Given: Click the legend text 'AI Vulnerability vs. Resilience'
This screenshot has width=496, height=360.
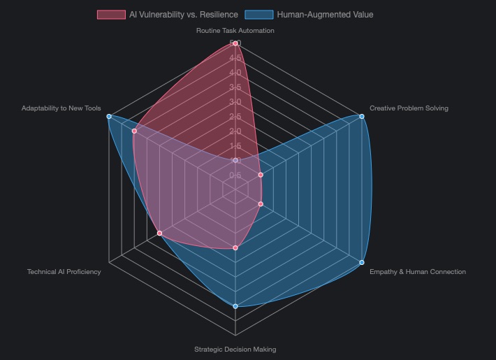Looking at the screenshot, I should pos(183,15).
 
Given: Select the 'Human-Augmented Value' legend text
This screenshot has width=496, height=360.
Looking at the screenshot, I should pos(325,15).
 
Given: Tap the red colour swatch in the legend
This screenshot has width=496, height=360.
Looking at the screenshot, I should pos(111,15).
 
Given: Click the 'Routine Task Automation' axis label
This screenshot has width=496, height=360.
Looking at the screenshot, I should pos(235,31).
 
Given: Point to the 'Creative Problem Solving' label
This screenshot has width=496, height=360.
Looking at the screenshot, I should pos(409,108).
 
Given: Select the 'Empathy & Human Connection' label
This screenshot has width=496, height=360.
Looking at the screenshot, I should pos(417,272).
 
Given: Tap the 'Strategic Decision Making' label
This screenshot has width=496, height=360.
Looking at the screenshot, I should pos(235,349).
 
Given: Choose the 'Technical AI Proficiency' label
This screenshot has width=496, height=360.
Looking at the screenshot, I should pos(64,272).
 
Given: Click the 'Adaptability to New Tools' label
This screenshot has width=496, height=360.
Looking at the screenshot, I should pos(61,108).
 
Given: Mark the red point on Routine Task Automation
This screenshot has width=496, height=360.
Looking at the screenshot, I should pos(235,43).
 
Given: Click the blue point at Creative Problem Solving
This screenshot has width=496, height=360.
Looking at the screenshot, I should pos(361,117).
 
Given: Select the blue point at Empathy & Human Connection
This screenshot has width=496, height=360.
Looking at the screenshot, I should pos(361,262).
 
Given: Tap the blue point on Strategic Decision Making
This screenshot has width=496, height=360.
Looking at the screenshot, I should pos(235,306).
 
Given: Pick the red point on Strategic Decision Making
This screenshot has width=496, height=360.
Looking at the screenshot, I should pos(235,247).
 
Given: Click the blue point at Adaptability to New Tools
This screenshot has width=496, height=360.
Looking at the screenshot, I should pos(109,117).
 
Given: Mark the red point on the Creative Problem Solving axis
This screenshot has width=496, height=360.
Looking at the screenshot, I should pos(261,175).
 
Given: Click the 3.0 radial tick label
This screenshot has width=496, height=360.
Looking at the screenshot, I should pos(235,102).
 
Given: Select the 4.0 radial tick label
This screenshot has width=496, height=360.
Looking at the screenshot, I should pos(235,73).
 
